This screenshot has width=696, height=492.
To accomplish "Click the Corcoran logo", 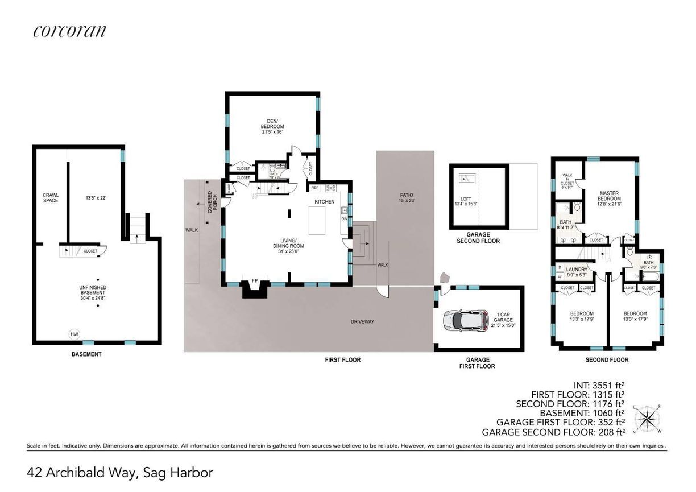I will point(69,31).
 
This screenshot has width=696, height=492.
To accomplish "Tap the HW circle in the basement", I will point(74,334).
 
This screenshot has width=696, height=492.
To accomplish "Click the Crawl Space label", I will point(51,197).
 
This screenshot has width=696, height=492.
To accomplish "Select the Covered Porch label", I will point(212,201).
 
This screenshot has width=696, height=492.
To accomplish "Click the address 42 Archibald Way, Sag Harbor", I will point(120,472).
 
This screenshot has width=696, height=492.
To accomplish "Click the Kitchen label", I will point(325,202).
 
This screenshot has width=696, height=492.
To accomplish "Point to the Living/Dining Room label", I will point(289,249).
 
